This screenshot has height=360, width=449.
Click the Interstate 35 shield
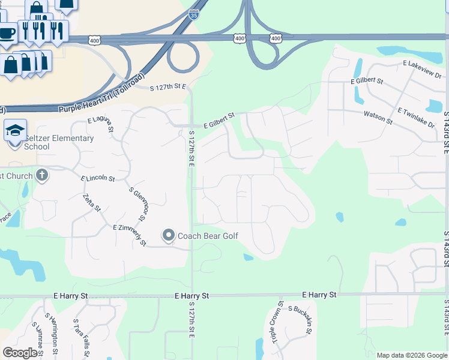tap(193, 15)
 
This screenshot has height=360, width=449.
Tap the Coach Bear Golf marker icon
tap(169, 236)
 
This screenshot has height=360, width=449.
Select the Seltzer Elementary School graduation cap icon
tap(15, 130)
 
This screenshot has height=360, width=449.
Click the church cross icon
tap(41, 176)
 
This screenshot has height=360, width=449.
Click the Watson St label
tap(378, 117)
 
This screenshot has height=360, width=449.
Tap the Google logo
tap(20, 353)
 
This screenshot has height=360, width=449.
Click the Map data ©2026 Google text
tap(411, 355)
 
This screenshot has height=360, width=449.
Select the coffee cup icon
tap(7, 32)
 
